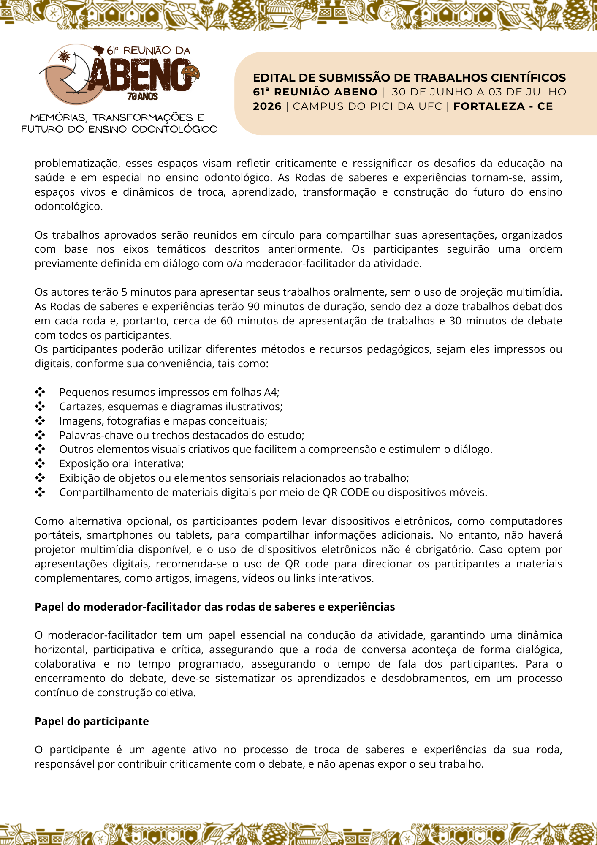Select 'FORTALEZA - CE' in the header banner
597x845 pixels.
tap(503, 106)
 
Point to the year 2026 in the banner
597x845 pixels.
tap(267, 106)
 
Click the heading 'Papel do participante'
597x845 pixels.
tap(92, 721)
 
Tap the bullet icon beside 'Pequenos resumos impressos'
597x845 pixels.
tap(40, 392)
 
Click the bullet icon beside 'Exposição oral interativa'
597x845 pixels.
tap(40, 463)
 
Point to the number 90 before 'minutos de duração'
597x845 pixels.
tap(253, 306)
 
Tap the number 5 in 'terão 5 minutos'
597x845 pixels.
tap(124, 292)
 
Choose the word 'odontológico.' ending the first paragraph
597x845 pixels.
tap(68, 207)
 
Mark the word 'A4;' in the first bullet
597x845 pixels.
tap(271, 392)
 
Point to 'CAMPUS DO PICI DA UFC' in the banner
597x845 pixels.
tap(367, 106)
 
